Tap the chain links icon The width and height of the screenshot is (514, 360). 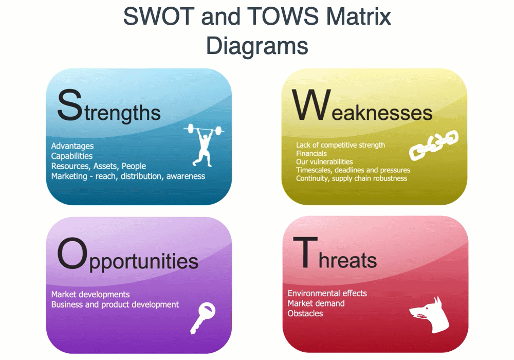tap(434, 145)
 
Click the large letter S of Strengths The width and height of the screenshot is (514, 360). tap(70, 105)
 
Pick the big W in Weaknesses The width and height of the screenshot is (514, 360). tap(311, 105)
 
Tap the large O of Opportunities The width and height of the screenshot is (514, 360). tap(72, 254)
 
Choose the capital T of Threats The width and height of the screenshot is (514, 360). tap(305, 252)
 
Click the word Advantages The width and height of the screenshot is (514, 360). tap(72, 146)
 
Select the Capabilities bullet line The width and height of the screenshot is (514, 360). tap(72, 156)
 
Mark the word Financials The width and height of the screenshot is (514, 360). tap(311, 153)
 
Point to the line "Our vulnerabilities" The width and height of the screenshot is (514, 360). tap(324, 161)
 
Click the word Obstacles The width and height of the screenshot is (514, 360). tap(305, 313)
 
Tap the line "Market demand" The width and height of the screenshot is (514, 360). tap(316, 303)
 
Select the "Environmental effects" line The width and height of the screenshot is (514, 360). tap(327, 293)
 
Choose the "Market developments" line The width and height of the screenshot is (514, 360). tap(90, 294)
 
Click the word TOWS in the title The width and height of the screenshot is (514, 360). tap(283, 16)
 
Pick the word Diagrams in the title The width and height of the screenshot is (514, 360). tap(257, 46)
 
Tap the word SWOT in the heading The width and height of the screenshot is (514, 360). tap(159, 16)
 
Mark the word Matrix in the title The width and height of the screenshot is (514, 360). tap(359, 16)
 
